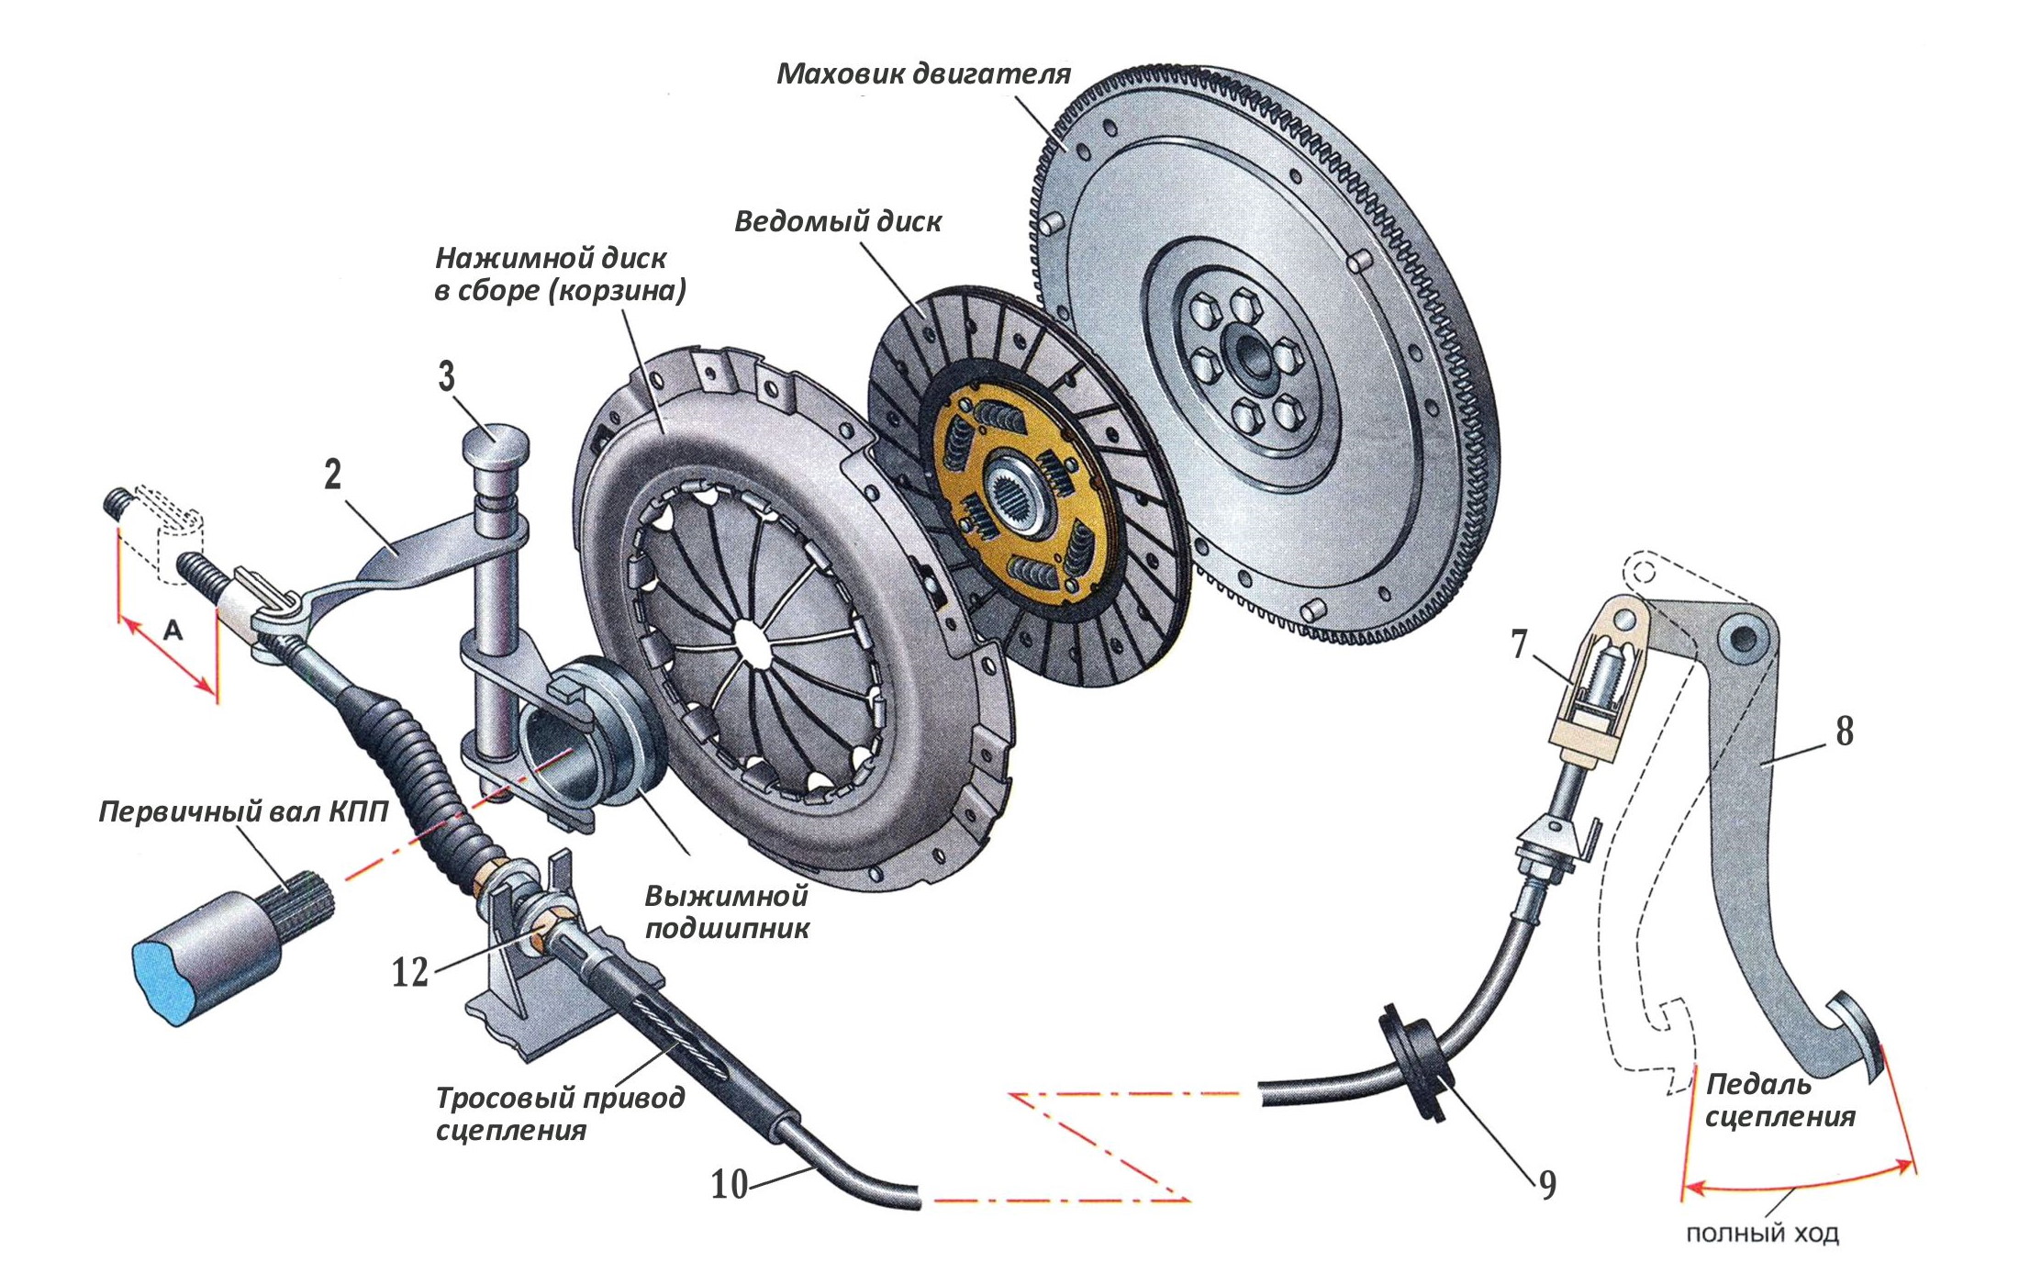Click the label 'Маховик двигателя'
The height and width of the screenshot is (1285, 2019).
[x=923, y=73]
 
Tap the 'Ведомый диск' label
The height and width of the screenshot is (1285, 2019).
[x=837, y=221]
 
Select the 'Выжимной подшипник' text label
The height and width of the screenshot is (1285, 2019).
[x=727, y=911]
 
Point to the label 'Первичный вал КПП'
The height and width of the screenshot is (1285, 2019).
[x=243, y=811]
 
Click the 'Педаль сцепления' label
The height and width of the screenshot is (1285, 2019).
[x=1779, y=1101]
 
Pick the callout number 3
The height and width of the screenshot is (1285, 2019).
[x=446, y=376]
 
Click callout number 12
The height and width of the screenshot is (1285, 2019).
[x=410, y=972]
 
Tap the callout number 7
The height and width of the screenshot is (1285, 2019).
[x=1520, y=644]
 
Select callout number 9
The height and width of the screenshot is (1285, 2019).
[x=1548, y=1185]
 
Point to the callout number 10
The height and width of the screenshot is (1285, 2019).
[x=730, y=1185]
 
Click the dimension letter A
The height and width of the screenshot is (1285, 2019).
[x=173, y=631]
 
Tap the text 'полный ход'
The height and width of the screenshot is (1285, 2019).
[x=1762, y=1234]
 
